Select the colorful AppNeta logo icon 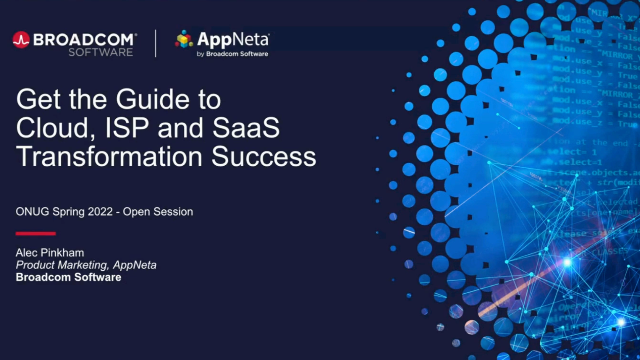coord(184,39)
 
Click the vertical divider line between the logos coord(157,43)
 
